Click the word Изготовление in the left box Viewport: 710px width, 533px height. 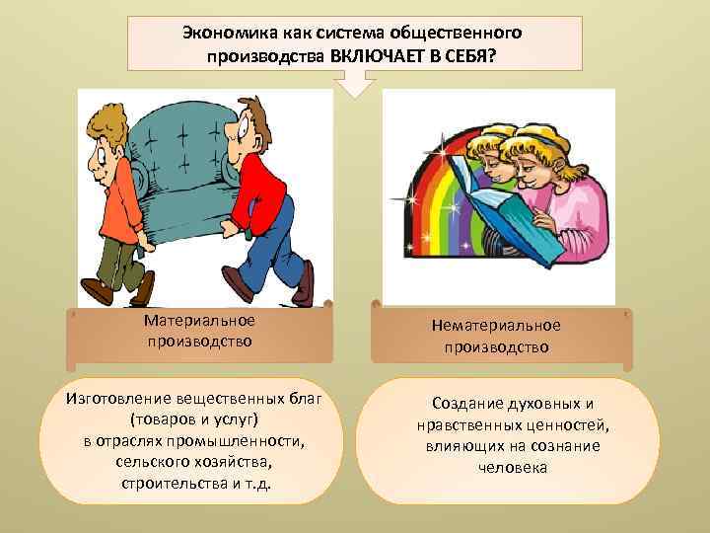click(117, 400)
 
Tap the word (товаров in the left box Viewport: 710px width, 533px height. click(159, 419)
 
